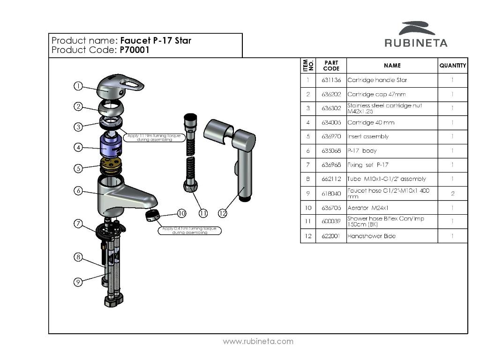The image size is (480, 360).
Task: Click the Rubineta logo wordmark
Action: coord(416,43)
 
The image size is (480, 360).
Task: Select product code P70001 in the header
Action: coord(135,50)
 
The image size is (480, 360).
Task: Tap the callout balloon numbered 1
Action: coord(78,86)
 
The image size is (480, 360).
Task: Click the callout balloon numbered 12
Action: coord(223,213)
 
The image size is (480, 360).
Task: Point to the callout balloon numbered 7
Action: coord(78,224)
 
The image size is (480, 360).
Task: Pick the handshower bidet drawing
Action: coord(234,150)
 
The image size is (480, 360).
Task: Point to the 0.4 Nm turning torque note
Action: coord(190,230)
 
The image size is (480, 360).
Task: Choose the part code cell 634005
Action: coord(331,123)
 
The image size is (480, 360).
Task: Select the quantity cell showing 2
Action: coord(452,194)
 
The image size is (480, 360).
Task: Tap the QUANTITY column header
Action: coord(452,66)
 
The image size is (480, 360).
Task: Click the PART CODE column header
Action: coord(331,66)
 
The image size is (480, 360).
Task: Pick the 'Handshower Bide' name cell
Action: coord(371,236)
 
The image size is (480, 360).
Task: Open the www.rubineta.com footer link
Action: coord(258,341)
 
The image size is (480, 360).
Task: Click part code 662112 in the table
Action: coord(331,179)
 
